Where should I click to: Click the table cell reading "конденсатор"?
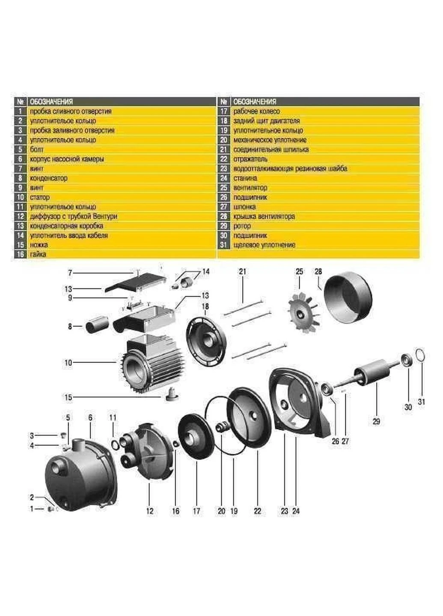pos(48,178)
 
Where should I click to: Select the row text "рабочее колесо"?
pos(256,111)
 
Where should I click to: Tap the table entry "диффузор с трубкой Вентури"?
pos(74,216)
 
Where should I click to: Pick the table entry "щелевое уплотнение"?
pos(264,245)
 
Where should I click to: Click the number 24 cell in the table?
pos(224,178)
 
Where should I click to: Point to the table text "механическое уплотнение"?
pos(270,140)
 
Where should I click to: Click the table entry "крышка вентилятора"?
pos(264,216)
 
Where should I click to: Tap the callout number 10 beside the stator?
pos(68,363)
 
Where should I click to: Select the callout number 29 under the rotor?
pos(376,422)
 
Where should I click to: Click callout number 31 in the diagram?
pos(421,402)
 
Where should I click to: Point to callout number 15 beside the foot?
pos(68,397)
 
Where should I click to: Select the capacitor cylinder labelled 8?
pos(95,326)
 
